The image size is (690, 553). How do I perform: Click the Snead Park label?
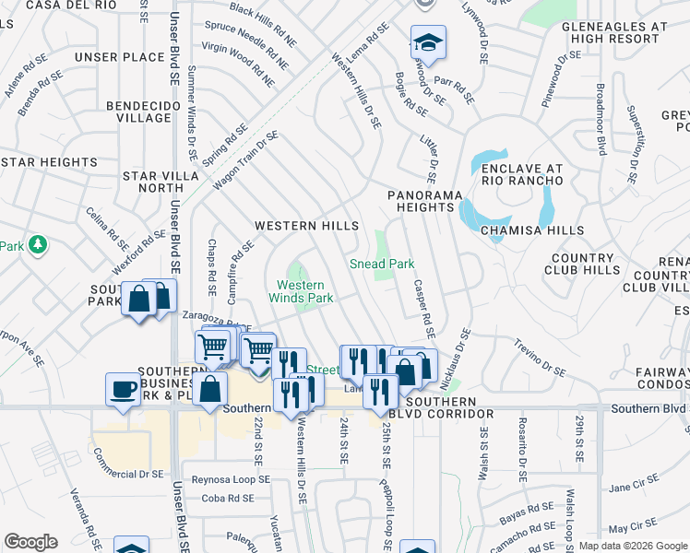[382, 264]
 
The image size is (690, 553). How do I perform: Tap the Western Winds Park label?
[301, 291]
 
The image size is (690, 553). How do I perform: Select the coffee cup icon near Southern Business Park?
[123, 389]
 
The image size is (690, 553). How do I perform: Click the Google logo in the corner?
[30, 542]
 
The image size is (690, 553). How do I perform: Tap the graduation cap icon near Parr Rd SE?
[428, 42]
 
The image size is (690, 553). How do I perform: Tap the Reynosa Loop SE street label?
[230, 480]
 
